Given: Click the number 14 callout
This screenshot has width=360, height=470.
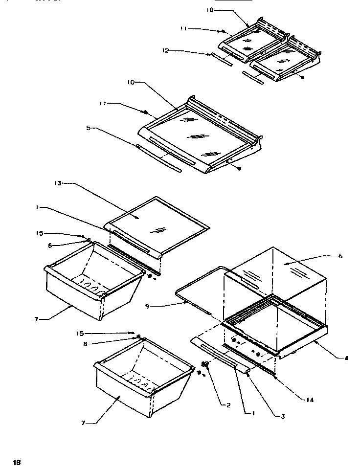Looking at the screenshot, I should pyautogui.click(x=310, y=400).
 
